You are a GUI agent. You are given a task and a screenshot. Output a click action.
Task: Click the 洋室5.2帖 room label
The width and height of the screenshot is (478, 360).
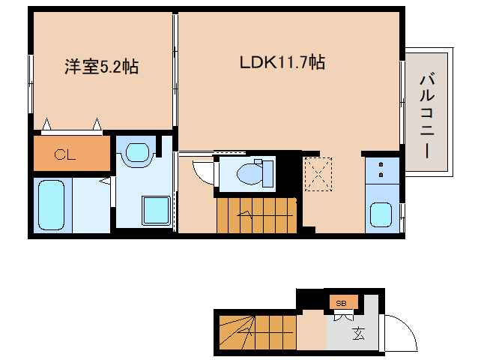pos(101,67)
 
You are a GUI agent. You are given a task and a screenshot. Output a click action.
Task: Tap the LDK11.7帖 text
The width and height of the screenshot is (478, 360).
pos(282,63)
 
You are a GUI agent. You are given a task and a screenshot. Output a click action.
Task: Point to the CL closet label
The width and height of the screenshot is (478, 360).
pos(64,155)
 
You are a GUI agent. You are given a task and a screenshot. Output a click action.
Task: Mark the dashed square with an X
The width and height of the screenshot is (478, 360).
pos(318,174)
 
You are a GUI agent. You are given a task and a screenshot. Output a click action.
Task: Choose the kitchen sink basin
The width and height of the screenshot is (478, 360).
pos(381,216)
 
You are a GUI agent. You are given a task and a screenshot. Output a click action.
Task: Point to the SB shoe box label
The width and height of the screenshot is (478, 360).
pos(341,303)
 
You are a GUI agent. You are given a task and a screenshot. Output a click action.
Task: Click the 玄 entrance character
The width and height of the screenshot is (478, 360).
pos(359,333)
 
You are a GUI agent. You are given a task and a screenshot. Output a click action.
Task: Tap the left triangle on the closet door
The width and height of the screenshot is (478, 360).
pos(47,124)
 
